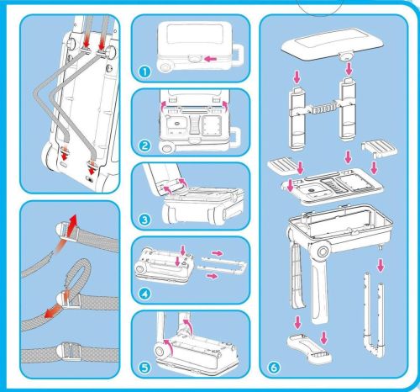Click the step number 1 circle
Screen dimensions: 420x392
[144, 72]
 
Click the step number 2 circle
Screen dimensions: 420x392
[144, 146]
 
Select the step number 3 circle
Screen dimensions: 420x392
[144, 220]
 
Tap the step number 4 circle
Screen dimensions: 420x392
[144, 294]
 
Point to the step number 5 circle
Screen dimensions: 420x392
[144, 368]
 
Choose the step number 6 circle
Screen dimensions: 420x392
[274, 368]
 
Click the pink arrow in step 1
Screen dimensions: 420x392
[211, 59]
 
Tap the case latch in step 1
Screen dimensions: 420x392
[195, 58]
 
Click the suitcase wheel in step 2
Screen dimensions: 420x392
[166, 147]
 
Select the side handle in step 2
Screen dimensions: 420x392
[237, 138]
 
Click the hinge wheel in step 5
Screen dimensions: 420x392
[160, 351]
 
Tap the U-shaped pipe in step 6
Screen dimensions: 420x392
[374, 318]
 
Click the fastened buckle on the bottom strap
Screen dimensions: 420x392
[66, 352]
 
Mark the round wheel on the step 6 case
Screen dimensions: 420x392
[323, 252]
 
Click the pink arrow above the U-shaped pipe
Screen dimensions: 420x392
[380, 265]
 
